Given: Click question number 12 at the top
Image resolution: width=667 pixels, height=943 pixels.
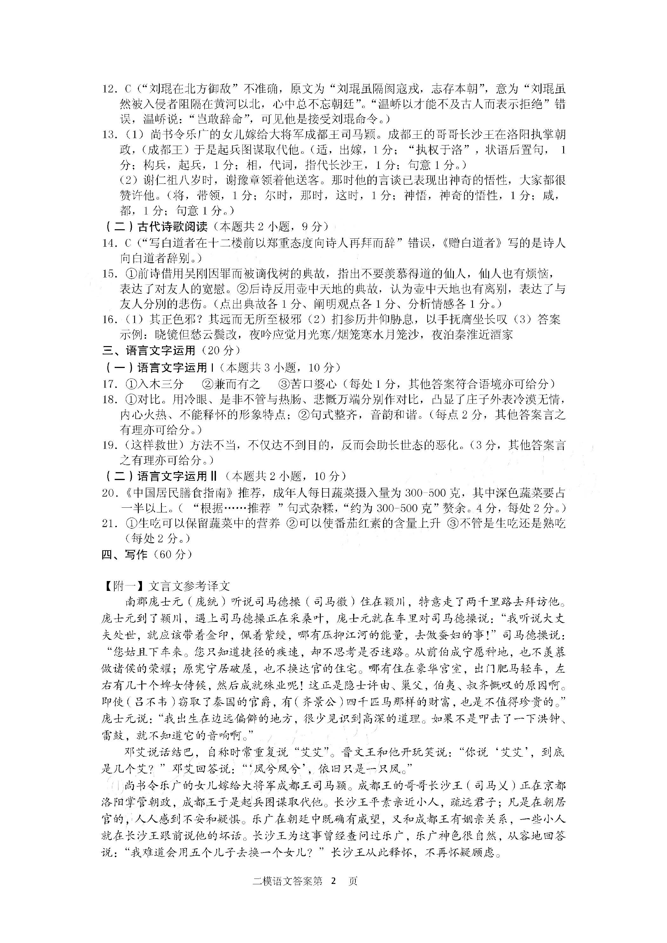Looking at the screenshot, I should pyautogui.click(x=110, y=89).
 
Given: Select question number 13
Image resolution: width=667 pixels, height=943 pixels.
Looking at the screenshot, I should pyautogui.click(x=110, y=135).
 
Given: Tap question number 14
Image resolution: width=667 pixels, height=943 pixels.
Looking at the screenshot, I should pyautogui.click(x=110, y=243).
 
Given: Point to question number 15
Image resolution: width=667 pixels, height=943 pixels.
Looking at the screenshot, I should pyautogui.click(x=110, y=274).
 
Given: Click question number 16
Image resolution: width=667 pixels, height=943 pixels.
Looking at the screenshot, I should pyautogui.click(x=110, y=319).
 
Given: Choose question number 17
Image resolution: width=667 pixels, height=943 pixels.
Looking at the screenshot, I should pyautogui.click(x=110, y=384).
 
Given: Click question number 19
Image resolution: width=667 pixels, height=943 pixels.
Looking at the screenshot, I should pyautogui.click(x=110, y=445).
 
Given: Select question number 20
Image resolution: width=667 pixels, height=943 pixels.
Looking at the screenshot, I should pyautogui.click(x=110, y=493).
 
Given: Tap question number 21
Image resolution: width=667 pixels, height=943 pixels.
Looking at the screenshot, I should pyautogui.click(x=110, y=524).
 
